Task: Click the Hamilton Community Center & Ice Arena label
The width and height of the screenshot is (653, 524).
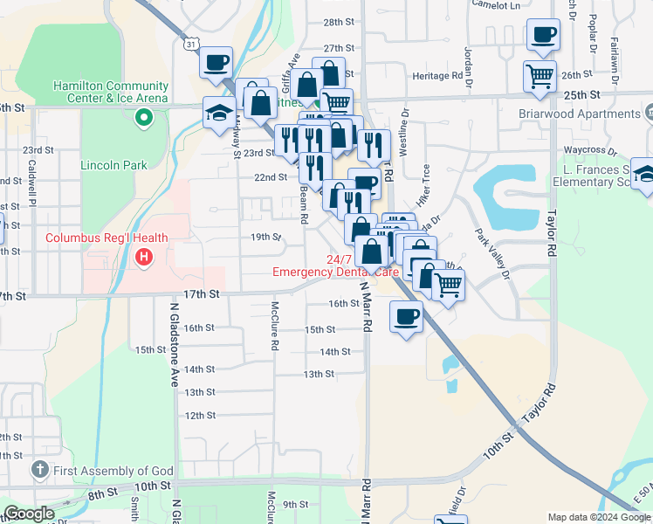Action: coord(110,92)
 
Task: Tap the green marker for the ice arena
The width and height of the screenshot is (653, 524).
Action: coord(140,118)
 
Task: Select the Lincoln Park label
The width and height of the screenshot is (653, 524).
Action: coord(113,165)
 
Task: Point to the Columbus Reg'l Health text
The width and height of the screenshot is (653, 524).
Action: coord(105,238)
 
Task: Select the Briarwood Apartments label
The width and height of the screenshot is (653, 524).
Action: coord(579,114)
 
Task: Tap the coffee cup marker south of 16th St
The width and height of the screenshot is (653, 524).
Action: coord(407,315)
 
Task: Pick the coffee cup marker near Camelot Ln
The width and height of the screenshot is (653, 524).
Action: coord(543,35)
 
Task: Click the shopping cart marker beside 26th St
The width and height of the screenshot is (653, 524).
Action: coord(540,75)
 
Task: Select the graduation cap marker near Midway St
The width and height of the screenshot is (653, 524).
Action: coord(218,112)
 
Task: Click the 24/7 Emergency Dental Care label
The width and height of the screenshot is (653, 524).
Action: coord(336,265)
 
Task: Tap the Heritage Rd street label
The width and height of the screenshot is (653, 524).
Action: coord(437,76)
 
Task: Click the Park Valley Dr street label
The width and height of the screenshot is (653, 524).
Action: coord(491,253)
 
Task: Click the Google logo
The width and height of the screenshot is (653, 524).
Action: coord(29,514)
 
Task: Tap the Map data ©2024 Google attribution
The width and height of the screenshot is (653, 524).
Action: coord(598,517)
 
